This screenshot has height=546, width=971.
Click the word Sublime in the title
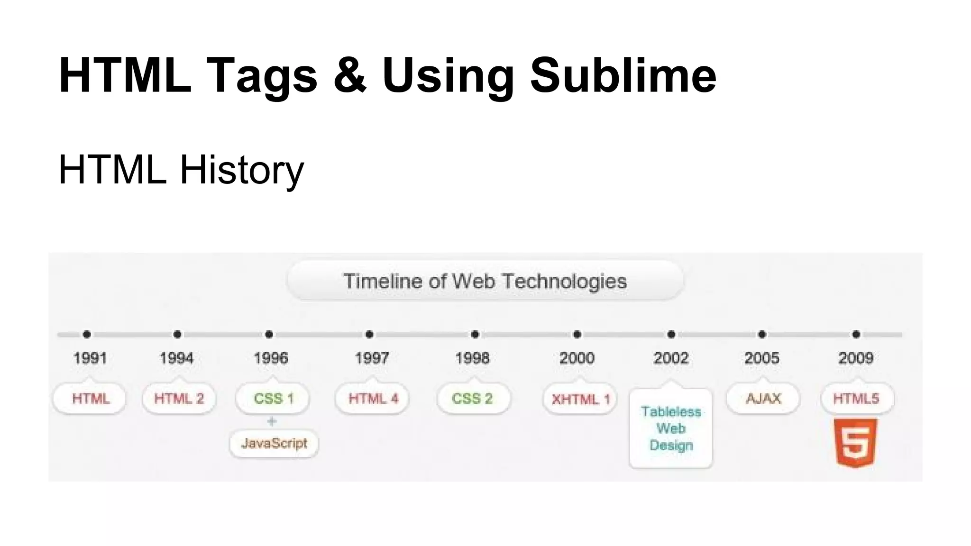[623, 75]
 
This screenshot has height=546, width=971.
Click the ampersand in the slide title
[349, 75]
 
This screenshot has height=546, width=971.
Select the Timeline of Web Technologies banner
[485, 281]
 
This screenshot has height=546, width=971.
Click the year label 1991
[90, 358]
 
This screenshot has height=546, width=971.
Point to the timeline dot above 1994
[177, 335]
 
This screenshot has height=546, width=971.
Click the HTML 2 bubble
[179, 399]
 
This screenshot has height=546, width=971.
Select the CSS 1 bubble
[273, 399]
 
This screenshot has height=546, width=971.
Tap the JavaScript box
[274, 444]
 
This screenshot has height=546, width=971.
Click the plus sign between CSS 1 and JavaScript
[272, 421]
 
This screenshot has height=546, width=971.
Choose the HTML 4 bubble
[373, 399]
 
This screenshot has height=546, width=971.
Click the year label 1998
[472, 358]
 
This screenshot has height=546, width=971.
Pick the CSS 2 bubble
[472, 399]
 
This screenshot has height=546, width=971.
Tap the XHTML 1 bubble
[580, 399]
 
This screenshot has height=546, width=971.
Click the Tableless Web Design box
[671, 428]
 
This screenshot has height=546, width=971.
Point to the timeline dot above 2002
[671, 335]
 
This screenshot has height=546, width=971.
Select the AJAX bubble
[763, 399]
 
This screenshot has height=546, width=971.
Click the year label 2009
[856, 358]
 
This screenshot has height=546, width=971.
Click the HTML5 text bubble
[856, 399]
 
